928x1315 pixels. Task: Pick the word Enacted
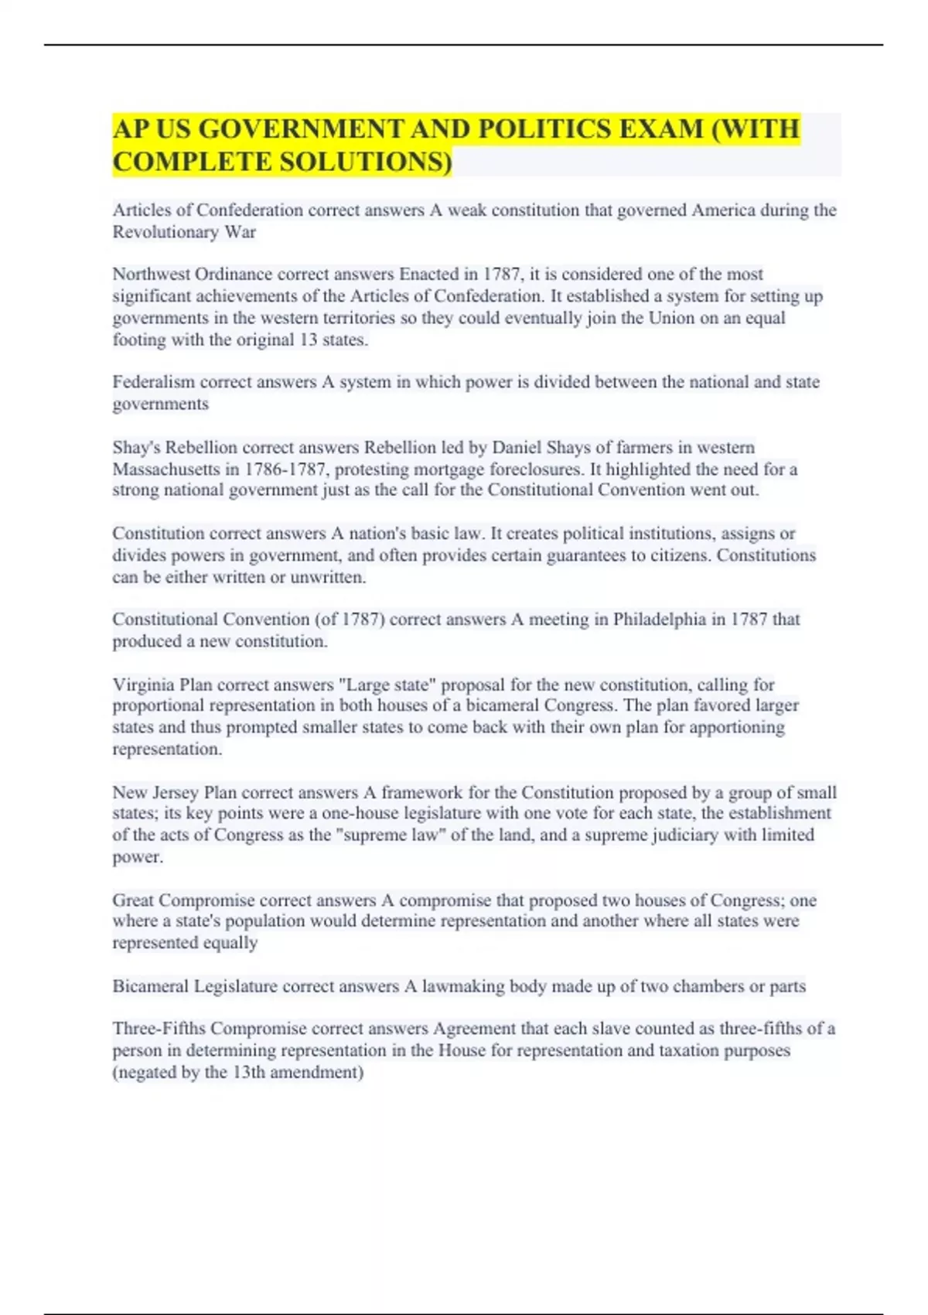coord(428,275)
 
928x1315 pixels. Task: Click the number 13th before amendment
coord(249,1073)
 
